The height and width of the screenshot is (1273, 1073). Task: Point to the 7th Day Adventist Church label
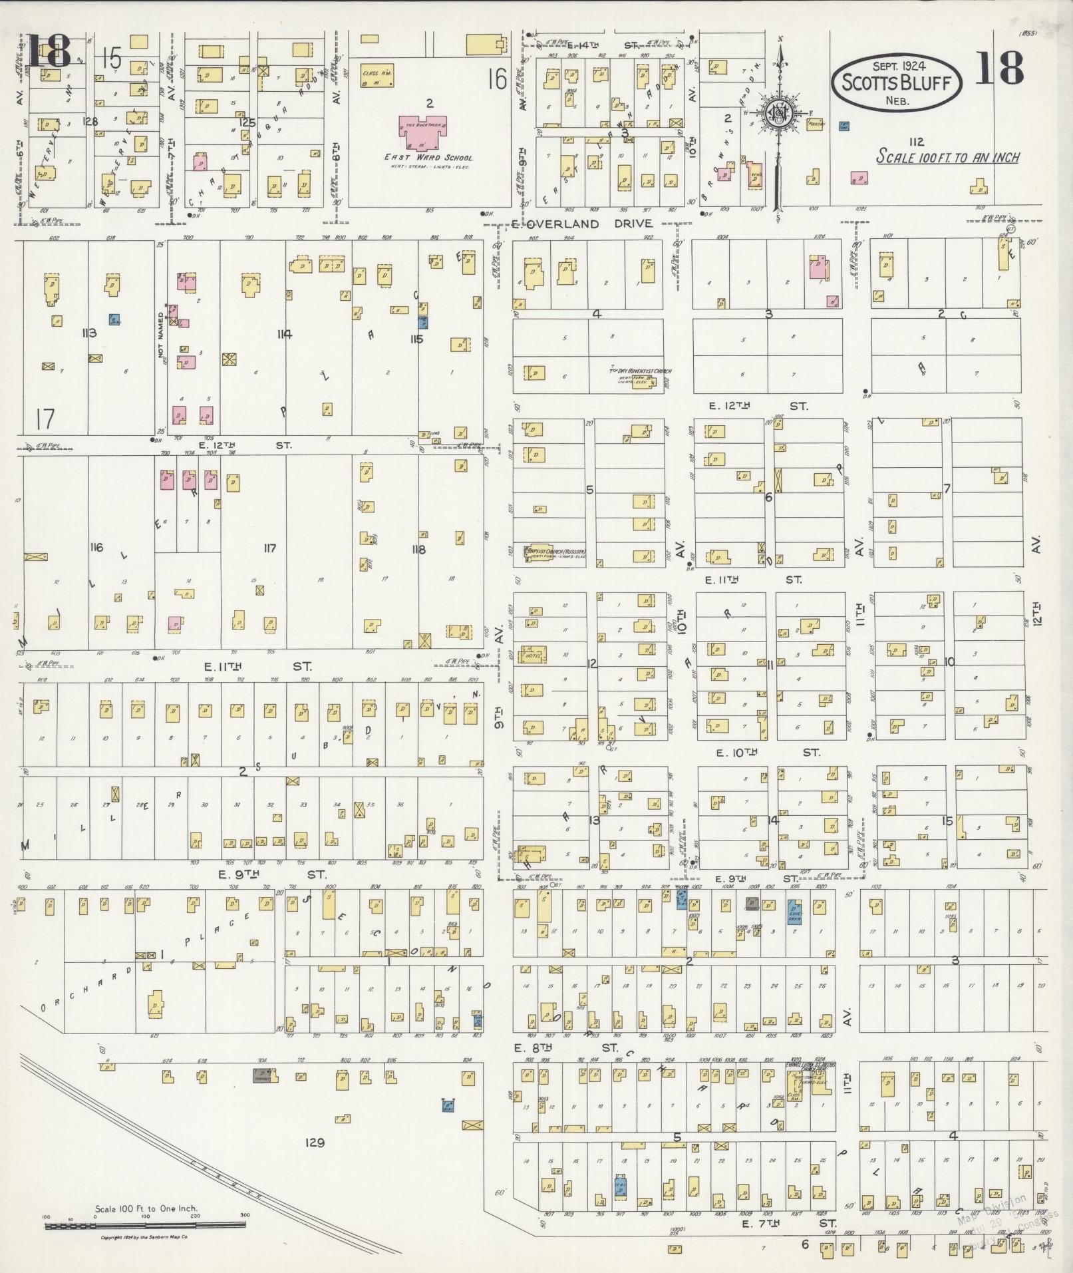[640, 371]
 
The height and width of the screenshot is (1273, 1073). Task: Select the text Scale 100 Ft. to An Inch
[947, 158]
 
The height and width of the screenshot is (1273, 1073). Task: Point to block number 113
[88, 333]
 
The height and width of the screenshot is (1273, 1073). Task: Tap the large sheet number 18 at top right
[999, 69]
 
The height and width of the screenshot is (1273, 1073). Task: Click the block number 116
[97, 547]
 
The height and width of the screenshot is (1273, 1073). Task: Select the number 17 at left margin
[45, 419]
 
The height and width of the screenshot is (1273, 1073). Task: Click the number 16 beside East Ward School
[496, 80]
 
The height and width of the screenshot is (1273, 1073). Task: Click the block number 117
[269, 548]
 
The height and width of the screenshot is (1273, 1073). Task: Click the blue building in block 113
[114, 319]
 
